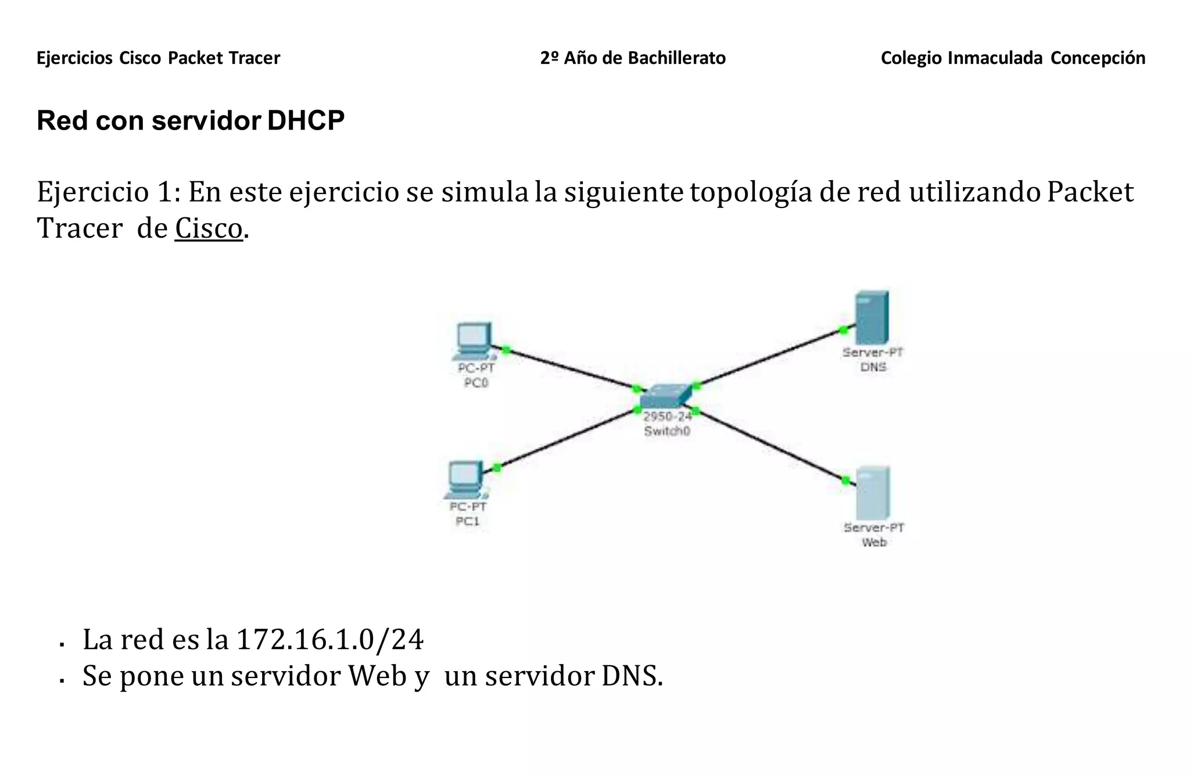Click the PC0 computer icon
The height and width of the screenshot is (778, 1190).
click(474, 340)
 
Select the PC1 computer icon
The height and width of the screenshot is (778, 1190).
click(465, 479)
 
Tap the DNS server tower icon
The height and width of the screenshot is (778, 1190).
click(872, 318)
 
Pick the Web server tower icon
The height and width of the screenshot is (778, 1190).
click(873, 493)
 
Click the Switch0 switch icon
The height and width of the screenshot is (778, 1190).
click(666, 396)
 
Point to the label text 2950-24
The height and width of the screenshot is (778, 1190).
click(668, 416)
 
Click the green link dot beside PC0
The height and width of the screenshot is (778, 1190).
click(506, 349)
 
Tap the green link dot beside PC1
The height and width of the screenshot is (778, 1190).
click(496, 468)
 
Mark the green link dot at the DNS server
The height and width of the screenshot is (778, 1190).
click(843, 330)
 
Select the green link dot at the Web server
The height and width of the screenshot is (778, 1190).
click(845, 480)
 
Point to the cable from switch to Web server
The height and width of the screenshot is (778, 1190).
click(770, 445)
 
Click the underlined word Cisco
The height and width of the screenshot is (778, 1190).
click(209, 228)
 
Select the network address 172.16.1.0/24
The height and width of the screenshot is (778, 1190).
click(329, 640)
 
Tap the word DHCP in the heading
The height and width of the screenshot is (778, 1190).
click(306, 121)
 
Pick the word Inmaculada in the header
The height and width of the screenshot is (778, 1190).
click(995, 58)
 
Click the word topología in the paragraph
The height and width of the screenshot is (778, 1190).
click(751, 192)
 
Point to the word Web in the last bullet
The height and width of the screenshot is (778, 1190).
click(377, 676)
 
